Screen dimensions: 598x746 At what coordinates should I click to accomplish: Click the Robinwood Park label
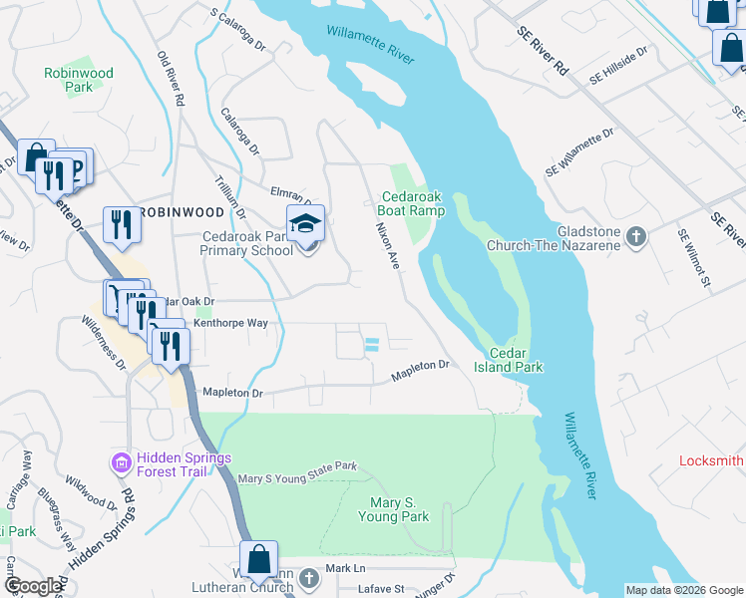(x=79, y=80)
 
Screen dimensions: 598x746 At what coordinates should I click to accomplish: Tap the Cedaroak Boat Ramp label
(x=411, y=203)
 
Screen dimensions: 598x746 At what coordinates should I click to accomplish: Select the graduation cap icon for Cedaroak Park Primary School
(x=306, y=224)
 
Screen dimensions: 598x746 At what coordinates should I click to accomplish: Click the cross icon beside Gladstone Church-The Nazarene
(x=638, y=236)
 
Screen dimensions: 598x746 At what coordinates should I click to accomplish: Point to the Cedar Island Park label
(x=516, y=360)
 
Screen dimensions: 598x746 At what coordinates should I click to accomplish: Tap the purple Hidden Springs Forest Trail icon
(x=121, y=463)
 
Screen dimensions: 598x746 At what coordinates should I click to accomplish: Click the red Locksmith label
(x=711, y=460)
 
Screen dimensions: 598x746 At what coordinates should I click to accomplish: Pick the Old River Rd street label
(x=172, y=79)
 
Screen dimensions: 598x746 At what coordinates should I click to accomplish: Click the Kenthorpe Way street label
(x=230, y=323)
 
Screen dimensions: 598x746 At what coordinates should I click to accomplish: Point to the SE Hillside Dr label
(x=618, y=63)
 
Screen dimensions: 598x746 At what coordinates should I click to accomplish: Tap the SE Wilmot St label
(x=692, y=259)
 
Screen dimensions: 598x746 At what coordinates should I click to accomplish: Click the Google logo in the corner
(x=33, y=586)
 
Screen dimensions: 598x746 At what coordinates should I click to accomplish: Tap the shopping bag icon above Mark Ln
(x=259, y=559)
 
